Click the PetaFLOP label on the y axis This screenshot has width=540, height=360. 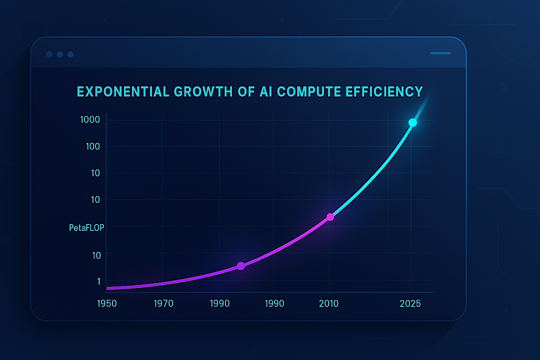[x=87, y=228]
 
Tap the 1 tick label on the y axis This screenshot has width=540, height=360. [x=98, y=281]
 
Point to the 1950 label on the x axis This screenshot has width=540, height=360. [x=107, y=303]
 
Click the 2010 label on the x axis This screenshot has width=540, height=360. [x=329, y=303]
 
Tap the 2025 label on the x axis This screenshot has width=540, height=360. [x=411, y=303]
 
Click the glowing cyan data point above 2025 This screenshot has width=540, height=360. [x=412, y=122]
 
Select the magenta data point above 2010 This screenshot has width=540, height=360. [x=330, y=217]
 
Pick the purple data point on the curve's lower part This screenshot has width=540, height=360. [x=240, y=266]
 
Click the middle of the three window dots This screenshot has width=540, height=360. [x=59, y=54]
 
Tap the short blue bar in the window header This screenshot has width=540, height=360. [x=440, y=53]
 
